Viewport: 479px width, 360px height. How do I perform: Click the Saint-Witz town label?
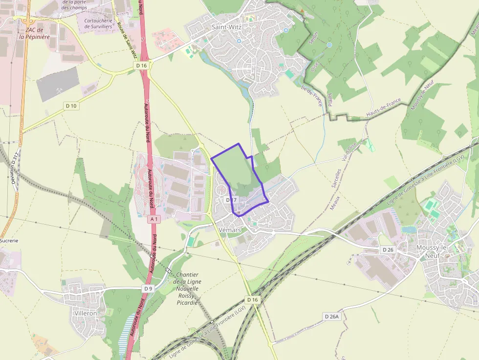coord(225,27)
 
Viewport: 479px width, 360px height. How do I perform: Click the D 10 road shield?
coord(71,106)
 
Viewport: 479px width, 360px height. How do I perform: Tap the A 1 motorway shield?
coord(154,219)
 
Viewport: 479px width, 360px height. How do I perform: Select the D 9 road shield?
coord(149,289)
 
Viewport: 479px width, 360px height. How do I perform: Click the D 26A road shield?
coord(331,317)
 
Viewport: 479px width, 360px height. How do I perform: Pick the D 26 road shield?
coord(388,250)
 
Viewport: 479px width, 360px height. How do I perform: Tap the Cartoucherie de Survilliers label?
coord(98,23)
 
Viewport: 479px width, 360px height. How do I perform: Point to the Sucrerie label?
coord(9,241)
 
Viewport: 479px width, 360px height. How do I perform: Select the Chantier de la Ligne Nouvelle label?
coord(188,289)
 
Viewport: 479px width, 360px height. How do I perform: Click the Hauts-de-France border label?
coord(384,107)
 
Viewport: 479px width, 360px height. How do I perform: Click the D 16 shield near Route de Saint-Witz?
coord(142,65)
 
